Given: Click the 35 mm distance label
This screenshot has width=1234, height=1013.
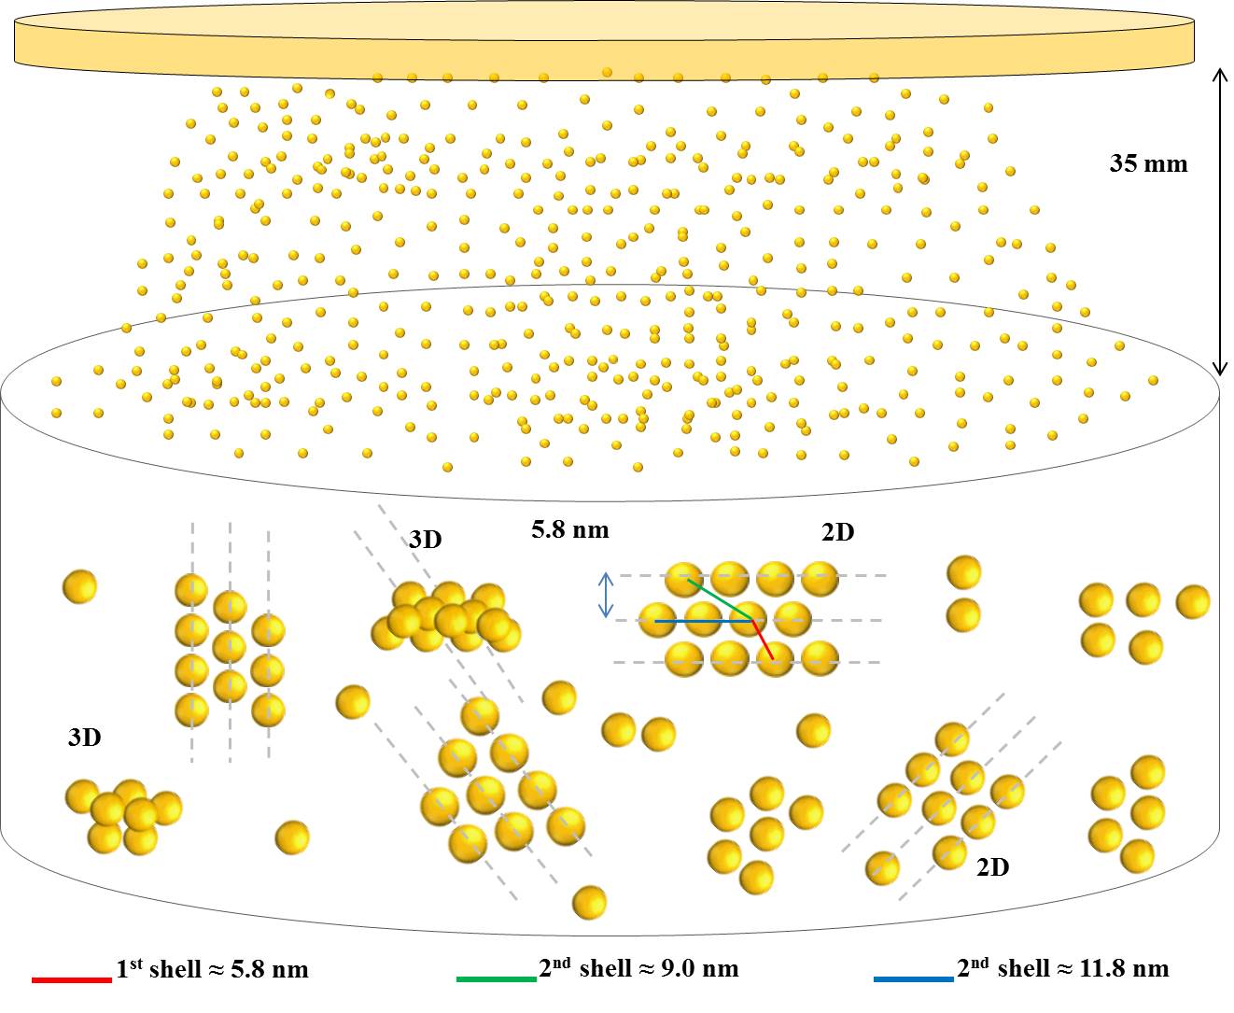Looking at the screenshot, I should [x=1148, y=164].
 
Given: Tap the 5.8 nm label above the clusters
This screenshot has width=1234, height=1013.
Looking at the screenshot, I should [x=569, y=530].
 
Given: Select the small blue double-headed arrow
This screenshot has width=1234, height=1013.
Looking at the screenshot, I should [x=606, y=595].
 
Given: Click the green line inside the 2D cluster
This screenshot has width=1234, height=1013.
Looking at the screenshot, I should [x=720, y=598].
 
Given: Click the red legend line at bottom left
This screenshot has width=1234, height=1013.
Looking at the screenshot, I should [x=72, y=979].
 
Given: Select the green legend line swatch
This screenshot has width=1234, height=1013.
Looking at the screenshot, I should [x=496, y=979].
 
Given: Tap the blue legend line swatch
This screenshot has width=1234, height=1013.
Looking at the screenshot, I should [x=914, y=979].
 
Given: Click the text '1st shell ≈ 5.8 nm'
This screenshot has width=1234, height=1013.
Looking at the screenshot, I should [x=212, y=969].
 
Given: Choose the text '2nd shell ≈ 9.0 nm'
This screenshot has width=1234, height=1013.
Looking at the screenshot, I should [x=638, y=968].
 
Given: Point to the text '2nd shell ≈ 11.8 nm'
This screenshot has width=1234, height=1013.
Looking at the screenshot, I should [x=1063, y=968].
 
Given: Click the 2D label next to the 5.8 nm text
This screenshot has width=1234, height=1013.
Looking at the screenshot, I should [x=837, y=532].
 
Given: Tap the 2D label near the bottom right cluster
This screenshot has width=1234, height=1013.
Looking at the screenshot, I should [x=992, y=867].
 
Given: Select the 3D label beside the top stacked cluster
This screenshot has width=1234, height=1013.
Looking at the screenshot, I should [x=425, y=540].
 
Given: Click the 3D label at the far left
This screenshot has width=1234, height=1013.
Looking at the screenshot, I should [x=84, y=738].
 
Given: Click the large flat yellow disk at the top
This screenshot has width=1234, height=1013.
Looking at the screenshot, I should [x=605, y=43].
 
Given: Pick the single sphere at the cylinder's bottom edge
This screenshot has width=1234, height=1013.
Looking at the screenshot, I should [x=589, y=903].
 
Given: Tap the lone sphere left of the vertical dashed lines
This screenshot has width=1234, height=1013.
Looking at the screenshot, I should [x=79, y=587].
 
